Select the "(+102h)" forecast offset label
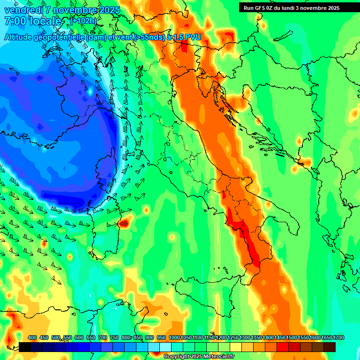point(83,21)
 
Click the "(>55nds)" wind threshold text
point(149,37)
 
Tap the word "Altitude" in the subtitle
point(21,37)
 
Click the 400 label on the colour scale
point(32,338)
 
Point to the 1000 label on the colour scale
point(174,338)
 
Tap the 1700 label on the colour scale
point(326,338)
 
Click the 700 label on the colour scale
point(103,338)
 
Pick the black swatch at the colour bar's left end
point(25,347)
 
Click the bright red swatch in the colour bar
point(283,347)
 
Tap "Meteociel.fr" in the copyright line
point(218,357)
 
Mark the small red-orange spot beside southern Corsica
point(123,223)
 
